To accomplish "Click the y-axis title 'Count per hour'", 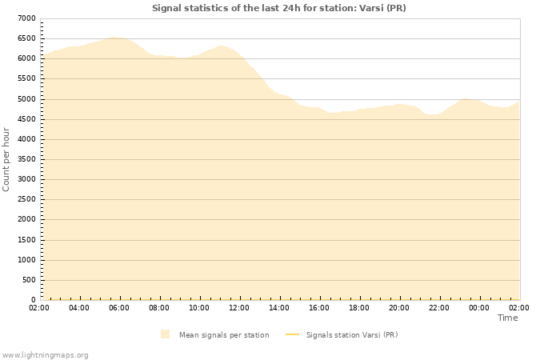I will tap(7, 158).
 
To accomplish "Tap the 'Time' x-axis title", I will tap(507, 318).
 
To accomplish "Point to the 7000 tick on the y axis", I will tap(26, 18).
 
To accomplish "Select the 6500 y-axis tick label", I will tap(26, 38).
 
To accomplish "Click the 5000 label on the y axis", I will tap(26, 99).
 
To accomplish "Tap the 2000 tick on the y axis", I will tap(26, 220).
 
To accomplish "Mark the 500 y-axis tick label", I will tap(29, 280).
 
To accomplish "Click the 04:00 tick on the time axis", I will tap(79, 307).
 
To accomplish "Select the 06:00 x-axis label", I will tap(119, 307).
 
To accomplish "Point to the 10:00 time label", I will tap(199, 307).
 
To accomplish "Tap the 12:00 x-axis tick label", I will tap(239, 307).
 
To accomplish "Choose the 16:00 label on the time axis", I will tap(319, 307).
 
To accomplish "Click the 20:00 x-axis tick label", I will tap(399, 307).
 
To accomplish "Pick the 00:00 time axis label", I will tap(479, 307).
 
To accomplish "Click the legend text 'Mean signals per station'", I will tap(224, 335).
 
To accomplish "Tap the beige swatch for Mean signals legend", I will tap(165, 334).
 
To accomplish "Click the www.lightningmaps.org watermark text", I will tap(46, 354).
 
